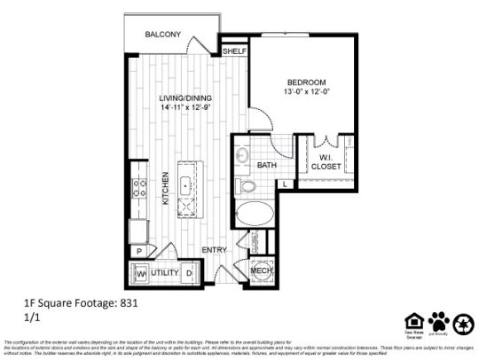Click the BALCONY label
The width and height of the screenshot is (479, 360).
[x=164, y=35]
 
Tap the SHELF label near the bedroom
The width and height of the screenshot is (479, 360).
[x=233, y=51]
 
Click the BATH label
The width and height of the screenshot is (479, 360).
[x=266, y=165]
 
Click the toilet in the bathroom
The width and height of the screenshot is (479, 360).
[x=246, y=186]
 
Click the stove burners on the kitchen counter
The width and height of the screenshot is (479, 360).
[x=138, y=188]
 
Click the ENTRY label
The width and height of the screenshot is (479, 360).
[x=215, y=250]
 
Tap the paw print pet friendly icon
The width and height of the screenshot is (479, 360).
[x=438, y=320]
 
